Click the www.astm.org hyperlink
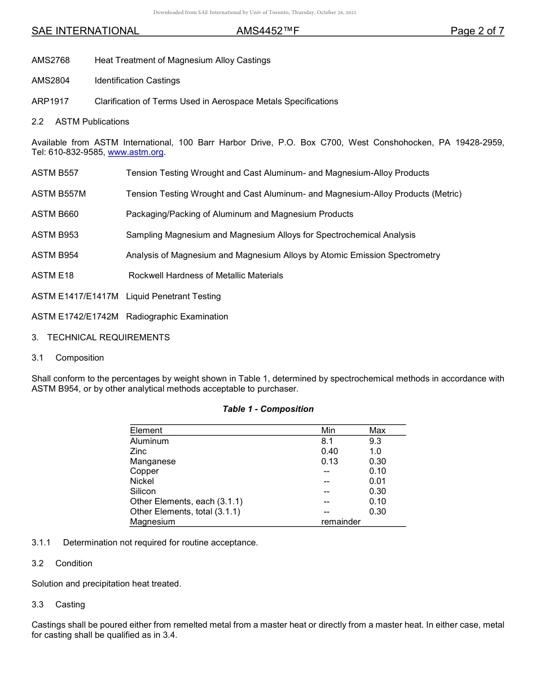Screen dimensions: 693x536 135,152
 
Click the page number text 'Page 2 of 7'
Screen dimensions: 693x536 477,31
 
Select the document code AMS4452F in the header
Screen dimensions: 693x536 267,31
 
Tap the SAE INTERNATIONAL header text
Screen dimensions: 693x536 85,31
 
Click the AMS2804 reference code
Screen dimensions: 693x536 51,81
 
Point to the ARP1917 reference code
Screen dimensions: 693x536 50,101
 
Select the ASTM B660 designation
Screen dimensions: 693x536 55,214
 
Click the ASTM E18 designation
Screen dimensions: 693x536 52,276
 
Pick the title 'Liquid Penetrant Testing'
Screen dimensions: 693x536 173,296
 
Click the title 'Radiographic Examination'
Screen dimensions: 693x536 177,317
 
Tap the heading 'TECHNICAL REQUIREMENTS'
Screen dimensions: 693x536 108,337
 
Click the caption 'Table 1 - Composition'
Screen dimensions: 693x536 268,409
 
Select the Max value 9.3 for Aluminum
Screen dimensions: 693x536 375,441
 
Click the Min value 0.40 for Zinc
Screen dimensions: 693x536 329,451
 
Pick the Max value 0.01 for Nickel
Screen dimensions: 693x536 377,481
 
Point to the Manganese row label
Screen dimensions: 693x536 153,461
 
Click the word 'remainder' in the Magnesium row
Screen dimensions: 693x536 341,522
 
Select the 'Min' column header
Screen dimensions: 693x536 328,430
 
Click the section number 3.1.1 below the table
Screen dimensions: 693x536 41,543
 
